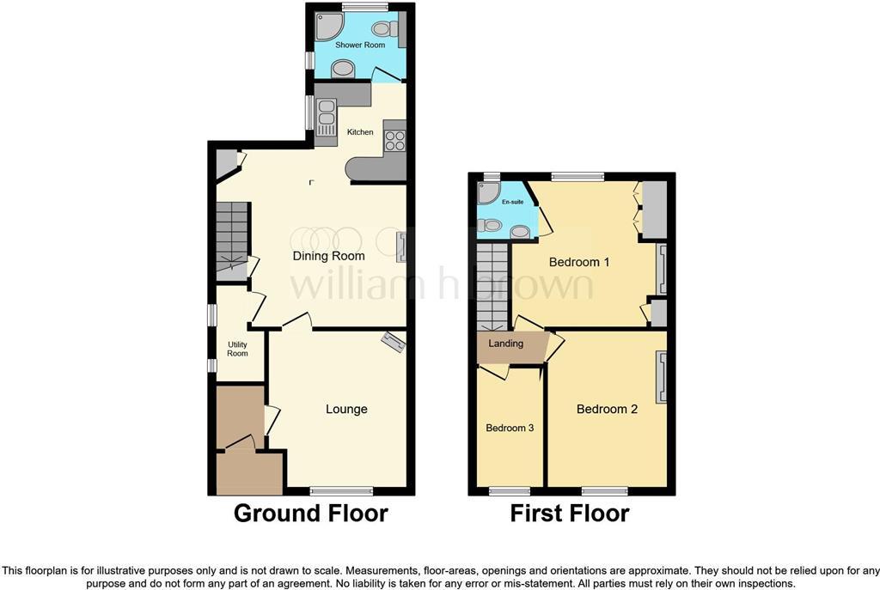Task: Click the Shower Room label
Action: (x=360, y=45)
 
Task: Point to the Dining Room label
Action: (x=328, y=256)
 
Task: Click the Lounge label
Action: (x=346, y=409)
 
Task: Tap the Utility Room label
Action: (x=237, y=349)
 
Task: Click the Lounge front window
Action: (x=341, y=490)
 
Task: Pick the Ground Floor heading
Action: (x=311, y=514)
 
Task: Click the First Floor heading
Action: (x=570, y=514)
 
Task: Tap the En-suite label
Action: (x=512, y=202)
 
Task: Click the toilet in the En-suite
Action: (x=491, y=226)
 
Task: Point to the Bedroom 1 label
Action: (x=574, y=262)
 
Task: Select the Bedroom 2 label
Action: (x=607, y=409)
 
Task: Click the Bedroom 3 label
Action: (x=510, y=427)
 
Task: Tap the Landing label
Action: (x=506, y=344)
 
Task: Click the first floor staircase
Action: (x=493, y=285)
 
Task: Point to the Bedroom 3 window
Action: (x=510, y=490)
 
